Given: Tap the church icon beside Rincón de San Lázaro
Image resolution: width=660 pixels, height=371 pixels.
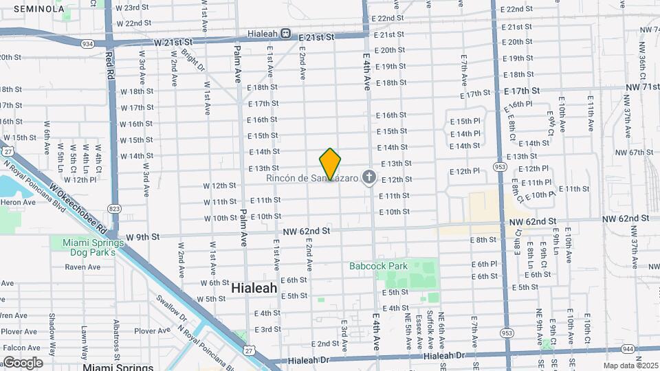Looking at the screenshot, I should pyautogui.click(x=369, y=179).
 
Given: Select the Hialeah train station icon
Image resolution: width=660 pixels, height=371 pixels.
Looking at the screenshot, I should pyautogui.click(x=285, y=36).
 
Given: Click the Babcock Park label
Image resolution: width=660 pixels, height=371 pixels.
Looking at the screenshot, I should pyautogui.click(x=378, y=266).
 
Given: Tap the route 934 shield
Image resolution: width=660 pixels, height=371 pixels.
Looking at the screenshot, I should pyautogui.click(x=87, y=43).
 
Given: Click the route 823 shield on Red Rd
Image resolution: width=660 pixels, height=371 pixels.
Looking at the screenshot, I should pyautogui.click(x=112, y=207).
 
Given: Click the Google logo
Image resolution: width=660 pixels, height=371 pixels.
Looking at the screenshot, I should pyautogui.click(x=23, y=362).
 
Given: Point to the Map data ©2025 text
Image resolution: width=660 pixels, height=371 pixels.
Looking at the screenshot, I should pyautogui.click(x=631, y=366).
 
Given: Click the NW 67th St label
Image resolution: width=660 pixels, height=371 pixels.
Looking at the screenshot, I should pyautogui.click(x=630, y=152).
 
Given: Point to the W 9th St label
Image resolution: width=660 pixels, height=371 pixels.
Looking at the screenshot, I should pyautogui.click(x=142, y=236).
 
